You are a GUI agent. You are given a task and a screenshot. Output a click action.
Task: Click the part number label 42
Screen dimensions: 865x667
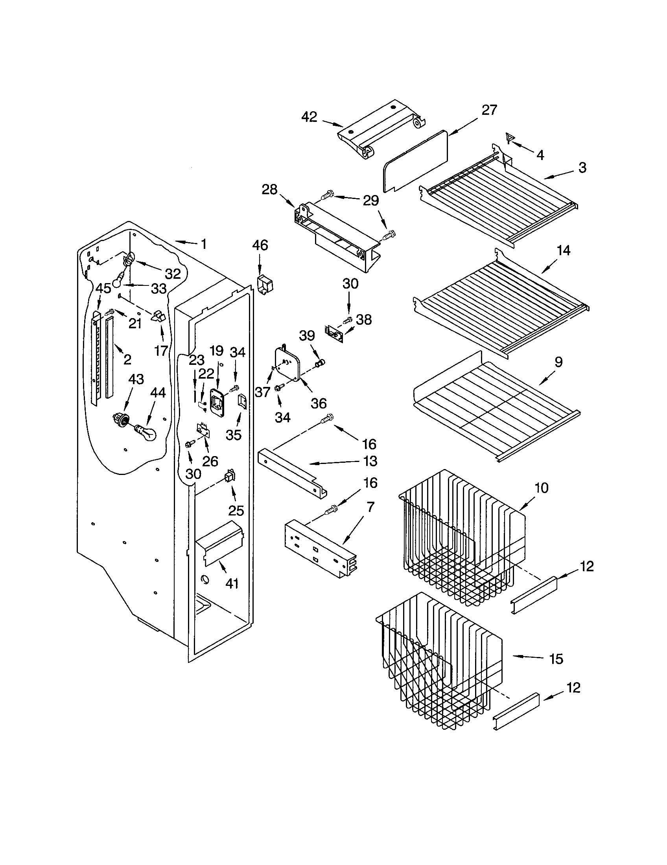pyautogui.click(x=310, y=117)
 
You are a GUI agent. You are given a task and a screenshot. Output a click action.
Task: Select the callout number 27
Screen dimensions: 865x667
pyautogui.click(x=489, y=110)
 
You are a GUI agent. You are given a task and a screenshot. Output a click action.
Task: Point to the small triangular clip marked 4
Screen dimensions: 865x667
pyautogui.click(x=510, y=139)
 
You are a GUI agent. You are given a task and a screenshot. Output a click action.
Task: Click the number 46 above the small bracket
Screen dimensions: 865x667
pyautogui.click(x=260, y=245)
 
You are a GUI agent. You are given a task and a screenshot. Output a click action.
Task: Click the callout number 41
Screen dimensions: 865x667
pyautogui.click(x=232, y=583)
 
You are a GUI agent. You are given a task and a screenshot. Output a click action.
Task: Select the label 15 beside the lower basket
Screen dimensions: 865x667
pyautogui.click(x=556, y=659)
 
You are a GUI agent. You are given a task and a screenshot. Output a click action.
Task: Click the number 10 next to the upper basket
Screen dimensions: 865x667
pyautogui.click(x=541, y=488)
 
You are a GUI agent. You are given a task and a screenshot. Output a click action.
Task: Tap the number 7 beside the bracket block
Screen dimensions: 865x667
pyautogui.click(x=370, y=506)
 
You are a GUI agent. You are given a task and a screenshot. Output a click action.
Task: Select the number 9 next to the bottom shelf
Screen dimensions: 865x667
pyautogui.click(x=558, y=362)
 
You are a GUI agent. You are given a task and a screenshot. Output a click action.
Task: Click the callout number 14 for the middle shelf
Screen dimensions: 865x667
pyautogui.click(x=563, y=250)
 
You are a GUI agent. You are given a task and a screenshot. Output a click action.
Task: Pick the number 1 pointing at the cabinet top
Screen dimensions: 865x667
pyautogui.click(x=204, y=244)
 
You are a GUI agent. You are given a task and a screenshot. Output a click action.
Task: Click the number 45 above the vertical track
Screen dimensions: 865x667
pyautogui.click(x=103, y=288)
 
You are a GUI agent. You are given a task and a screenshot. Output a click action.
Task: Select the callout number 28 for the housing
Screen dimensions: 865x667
pyautogui.click(x=269, y=190)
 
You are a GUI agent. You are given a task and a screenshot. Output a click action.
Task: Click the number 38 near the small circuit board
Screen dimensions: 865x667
pyautogui.click(x=364, y=320)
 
